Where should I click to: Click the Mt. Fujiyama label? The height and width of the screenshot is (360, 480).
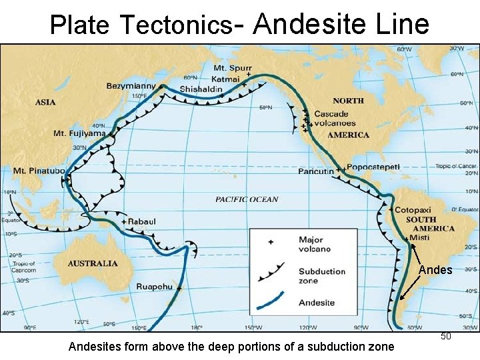(x=79, y=133)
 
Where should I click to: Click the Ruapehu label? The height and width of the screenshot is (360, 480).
(x=154, y=287)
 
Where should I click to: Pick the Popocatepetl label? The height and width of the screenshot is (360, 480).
(x=374, y=167)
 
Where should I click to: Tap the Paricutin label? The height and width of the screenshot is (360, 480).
(x=316, y=171)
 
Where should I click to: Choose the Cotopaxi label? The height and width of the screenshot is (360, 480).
(x=413, y=210)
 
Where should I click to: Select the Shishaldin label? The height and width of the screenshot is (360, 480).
(x=200, y=89)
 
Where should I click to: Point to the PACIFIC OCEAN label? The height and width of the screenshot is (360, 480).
(x=247, y=199)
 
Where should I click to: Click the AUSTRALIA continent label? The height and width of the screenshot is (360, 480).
(x=93, y=263)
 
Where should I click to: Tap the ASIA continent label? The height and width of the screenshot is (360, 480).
(x=45, y=102)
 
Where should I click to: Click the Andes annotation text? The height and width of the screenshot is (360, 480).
(x=435, y=270)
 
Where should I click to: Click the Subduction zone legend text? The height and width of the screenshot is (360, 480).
(x=322, y=276)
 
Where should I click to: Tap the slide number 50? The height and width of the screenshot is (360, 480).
(x=446, y=337)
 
